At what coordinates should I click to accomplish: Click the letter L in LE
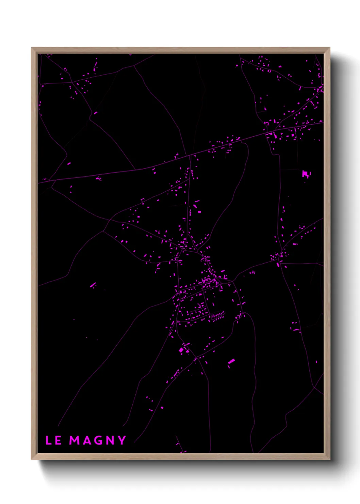[x=49, y=440]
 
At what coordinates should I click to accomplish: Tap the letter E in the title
[x=58, y=440]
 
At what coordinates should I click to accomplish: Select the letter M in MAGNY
[x=75, y=440]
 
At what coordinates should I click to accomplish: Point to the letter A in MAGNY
[x=87, y=440]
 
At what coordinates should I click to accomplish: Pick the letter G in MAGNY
[x=98, y=440]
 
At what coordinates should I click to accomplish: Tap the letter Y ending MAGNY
[x=122, y=440]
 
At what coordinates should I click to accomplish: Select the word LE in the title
[x=53, y=440]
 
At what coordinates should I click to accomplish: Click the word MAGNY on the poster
[x=98, y=440]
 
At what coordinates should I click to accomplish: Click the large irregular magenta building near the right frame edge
[x=306, y=174]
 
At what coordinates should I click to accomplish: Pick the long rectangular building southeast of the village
[x=231, y=361]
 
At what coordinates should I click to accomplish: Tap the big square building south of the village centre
[x=181, y=350]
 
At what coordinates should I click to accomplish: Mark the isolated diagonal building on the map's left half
[x=93, y=285]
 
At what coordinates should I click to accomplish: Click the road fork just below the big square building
[x=196, y=358]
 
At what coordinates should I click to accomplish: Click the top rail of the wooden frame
[x=180, y=50]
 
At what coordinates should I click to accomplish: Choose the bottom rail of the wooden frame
[x=180, y=456]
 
